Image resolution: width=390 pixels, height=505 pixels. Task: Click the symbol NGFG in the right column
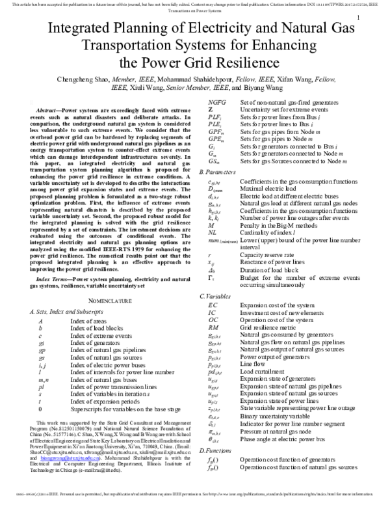point(217,103)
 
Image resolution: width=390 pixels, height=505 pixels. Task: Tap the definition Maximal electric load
point(273,187)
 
